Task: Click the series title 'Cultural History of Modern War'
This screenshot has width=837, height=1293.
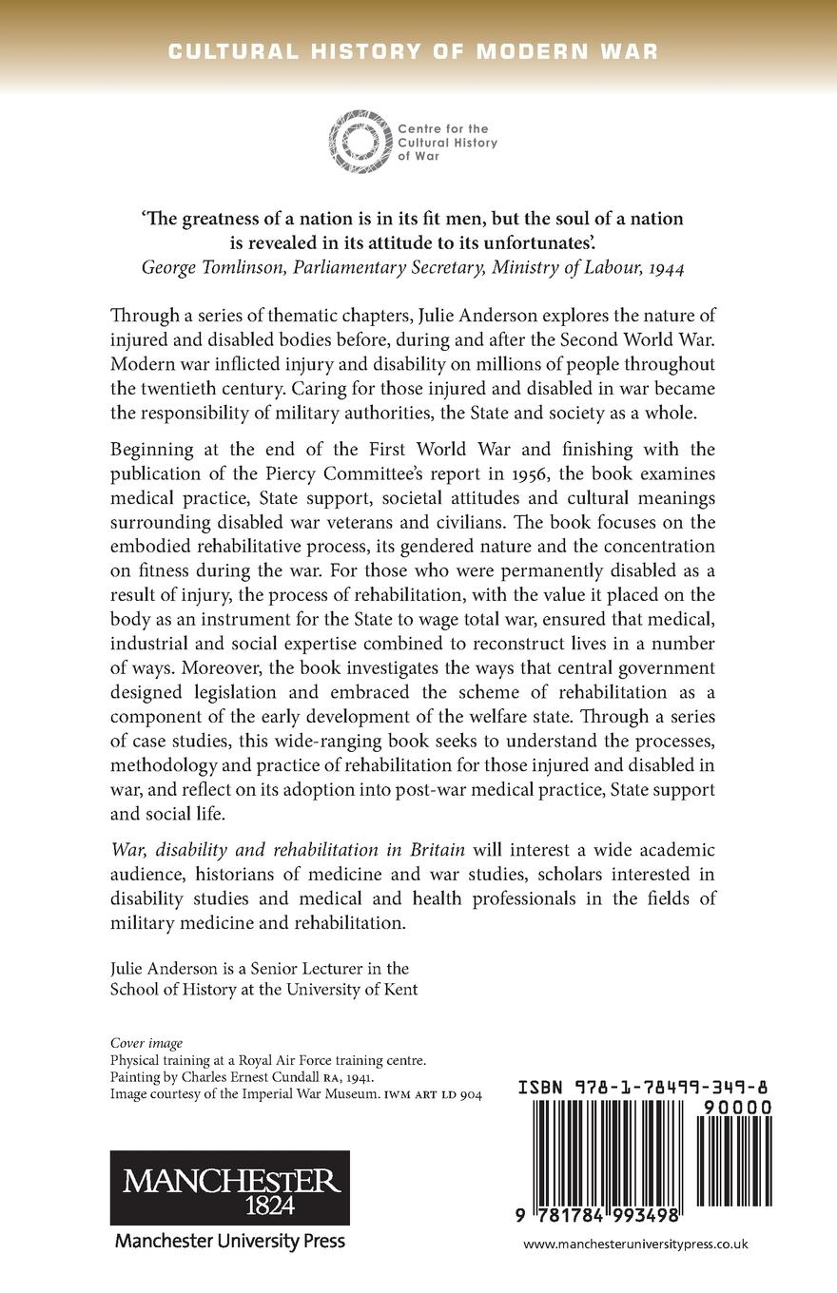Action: (x=413, y=51)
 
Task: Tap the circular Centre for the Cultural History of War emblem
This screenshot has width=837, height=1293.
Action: (x=359, y=142)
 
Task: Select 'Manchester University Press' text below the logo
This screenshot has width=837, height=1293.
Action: (x=229, y=1240)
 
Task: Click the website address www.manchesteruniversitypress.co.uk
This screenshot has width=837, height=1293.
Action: (x=635, y=1244)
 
